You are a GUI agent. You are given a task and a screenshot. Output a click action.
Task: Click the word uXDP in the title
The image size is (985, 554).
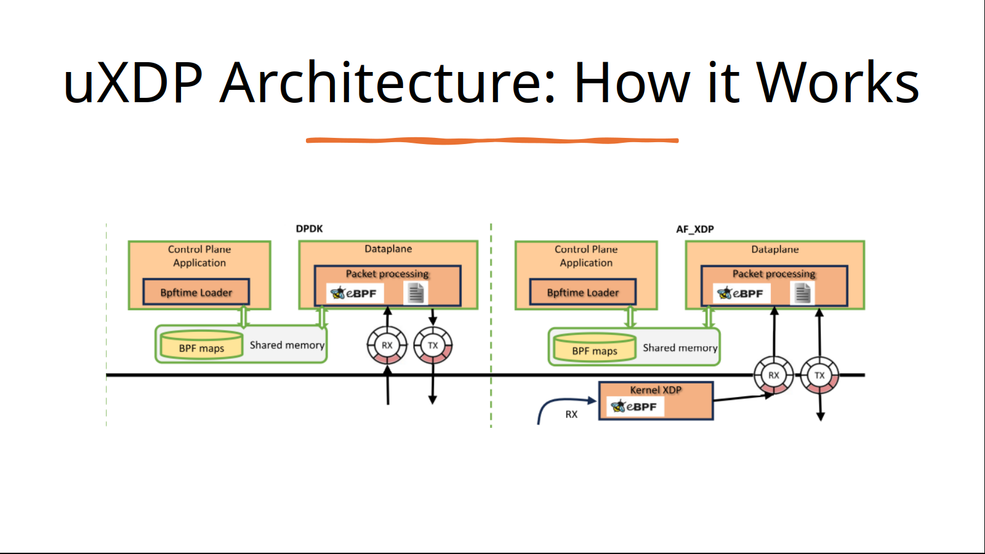click(x=133, y=82)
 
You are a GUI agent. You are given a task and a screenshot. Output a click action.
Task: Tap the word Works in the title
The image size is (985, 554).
click(x=837, y=82)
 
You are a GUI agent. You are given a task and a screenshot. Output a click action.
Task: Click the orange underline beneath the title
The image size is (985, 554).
click(x=492, y=141)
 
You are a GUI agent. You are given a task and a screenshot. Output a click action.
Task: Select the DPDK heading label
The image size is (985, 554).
click(x=309, y=228)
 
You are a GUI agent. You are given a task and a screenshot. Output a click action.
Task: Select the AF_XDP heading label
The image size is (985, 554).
click(x=695, y=229)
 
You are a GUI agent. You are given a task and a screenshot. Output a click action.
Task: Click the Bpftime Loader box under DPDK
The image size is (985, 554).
click(x=196, y=292)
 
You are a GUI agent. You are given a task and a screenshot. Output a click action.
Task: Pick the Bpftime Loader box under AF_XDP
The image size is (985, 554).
click(x=582, y=292)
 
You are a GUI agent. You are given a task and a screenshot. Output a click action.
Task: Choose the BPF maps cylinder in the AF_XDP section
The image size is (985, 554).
click(x=595, y=347)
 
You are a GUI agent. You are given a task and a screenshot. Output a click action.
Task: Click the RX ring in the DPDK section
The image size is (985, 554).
click(x=387, y=345)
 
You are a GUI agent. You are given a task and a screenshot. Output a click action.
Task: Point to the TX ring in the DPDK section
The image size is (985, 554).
click(x=433, y=345)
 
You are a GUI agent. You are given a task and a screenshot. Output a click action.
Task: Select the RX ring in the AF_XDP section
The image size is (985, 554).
click(x=773, y=375)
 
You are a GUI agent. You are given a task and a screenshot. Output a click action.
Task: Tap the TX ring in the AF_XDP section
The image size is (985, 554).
click(x=819, y=375)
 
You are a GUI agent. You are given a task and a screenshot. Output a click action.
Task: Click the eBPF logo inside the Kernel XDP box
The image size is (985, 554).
click(x=635, y=406)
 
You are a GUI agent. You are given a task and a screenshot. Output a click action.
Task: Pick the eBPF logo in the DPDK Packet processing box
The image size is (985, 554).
click(x=355, y=293)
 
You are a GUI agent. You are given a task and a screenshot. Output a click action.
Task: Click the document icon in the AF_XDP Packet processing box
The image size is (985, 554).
click(x=803, y=293)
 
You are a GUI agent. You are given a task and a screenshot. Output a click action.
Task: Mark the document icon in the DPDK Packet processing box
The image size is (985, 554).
click(x=416, y=293)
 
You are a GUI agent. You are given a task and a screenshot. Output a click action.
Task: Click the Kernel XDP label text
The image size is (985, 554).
click(x=656, y=390)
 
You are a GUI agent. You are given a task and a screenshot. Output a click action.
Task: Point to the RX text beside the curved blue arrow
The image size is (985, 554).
click(x=571, y=414)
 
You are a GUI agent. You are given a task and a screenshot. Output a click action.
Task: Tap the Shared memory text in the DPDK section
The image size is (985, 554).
click(x=287, y=345)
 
